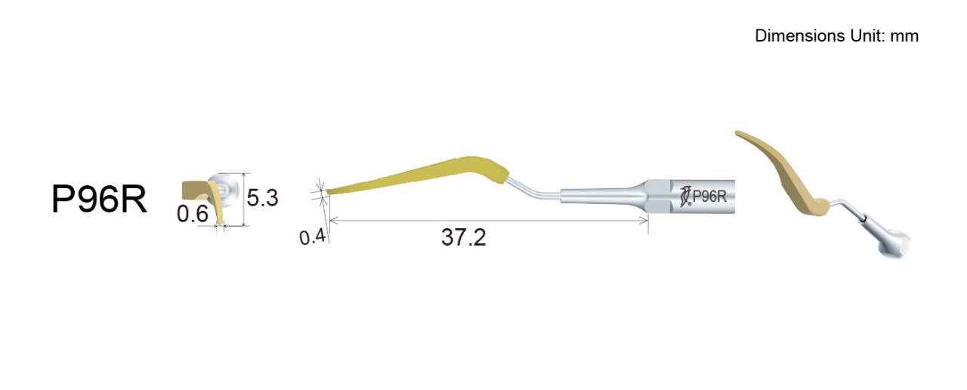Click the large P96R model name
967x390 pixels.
[99, 199]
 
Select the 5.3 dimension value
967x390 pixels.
[262, 197]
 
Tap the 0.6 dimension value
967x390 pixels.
[193, 213]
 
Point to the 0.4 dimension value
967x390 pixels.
[312, 237]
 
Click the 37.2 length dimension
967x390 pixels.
[464, 237]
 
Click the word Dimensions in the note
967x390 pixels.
[800, 36]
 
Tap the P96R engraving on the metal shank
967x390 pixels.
[709, 197]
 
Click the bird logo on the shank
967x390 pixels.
[685, 197]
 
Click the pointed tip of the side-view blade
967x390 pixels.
[327, 193]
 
